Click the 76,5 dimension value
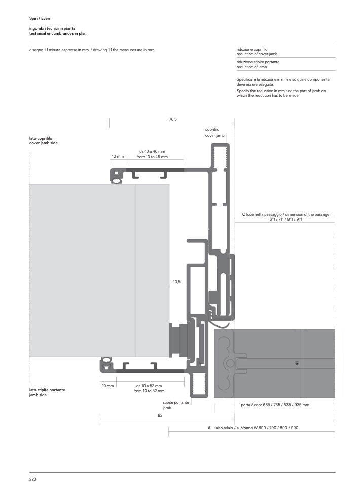[x=172, y=119]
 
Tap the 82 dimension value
[x=160, y=415]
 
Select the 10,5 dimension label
[x=176, y=281]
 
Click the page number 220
[x=32, y=479]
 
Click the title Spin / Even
[x=40, y=18]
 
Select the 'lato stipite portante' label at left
[x=47, y=390]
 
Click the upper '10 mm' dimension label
[x=118, y=156]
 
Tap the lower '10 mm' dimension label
[x=107, y=386]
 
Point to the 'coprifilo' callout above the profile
[x=212, y=130]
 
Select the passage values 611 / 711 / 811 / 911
[x=285, y=219]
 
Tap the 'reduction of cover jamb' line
[x=257, y=53]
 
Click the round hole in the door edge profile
[x=231, y=363]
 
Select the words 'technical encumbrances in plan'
[x=58, y=33]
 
